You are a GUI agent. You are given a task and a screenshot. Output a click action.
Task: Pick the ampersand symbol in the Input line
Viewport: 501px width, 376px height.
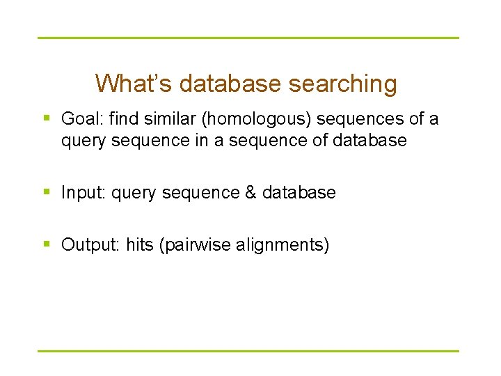click(x=250, y=192)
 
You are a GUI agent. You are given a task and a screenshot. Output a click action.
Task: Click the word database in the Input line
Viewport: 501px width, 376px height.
click(x=299, y=192)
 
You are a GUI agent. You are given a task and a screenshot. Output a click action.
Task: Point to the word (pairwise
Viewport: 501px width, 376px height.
click(x=196, y=245)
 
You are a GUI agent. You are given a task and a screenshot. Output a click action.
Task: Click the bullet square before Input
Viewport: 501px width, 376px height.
click(x=47, y=192)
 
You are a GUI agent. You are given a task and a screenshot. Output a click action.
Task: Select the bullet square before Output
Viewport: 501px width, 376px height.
click(x=47, y=244)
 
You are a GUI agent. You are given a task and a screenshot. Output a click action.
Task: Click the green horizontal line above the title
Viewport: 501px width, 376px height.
click(x=248, y=38)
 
